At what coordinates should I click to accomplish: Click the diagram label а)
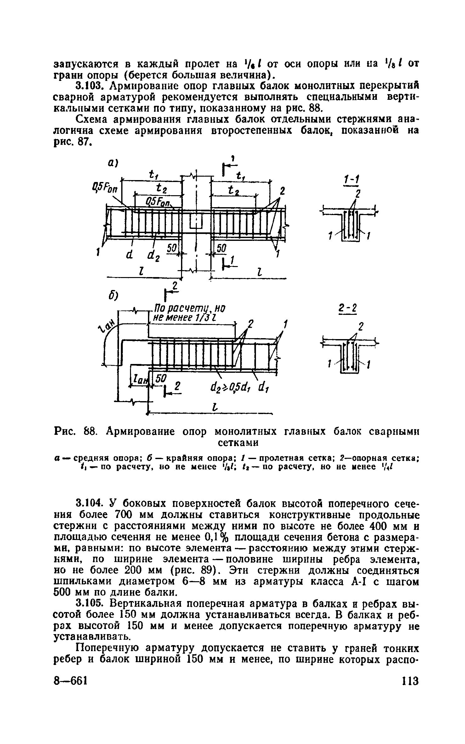[112, 163]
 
